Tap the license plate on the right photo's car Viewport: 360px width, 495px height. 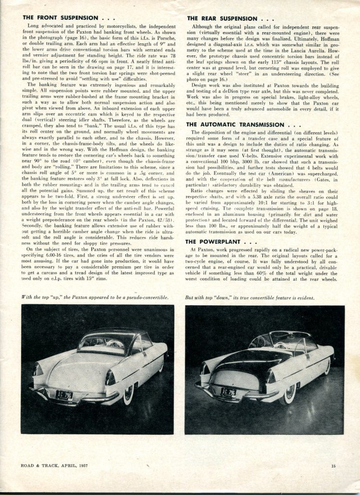(229, 392)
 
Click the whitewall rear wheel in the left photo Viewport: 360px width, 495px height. (128, 394)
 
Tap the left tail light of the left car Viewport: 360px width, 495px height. (38, 369)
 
